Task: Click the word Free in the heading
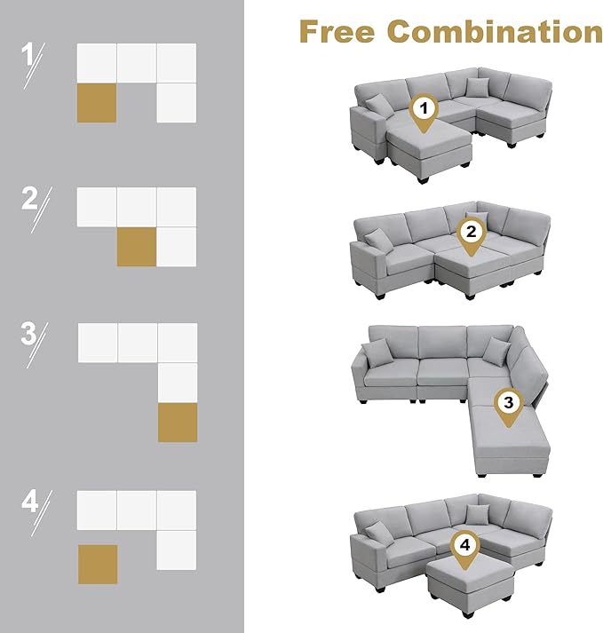tap(337, 31)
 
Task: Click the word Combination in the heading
tap(495, 31)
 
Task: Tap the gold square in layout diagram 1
tap(97, 103)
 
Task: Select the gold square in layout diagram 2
tap(137, 247)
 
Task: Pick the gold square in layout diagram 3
tap(178, 423)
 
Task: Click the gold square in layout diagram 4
tap(98, 565)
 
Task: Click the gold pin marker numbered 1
tap(424, 113)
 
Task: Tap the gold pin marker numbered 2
tap(471, 237)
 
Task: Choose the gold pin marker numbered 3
tap(509, 407)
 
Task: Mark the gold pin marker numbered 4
tap(464, 550)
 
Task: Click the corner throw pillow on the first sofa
tap(478, 87)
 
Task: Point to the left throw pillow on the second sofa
tap(379, 241)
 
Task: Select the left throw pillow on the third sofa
tap(378, 352)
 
